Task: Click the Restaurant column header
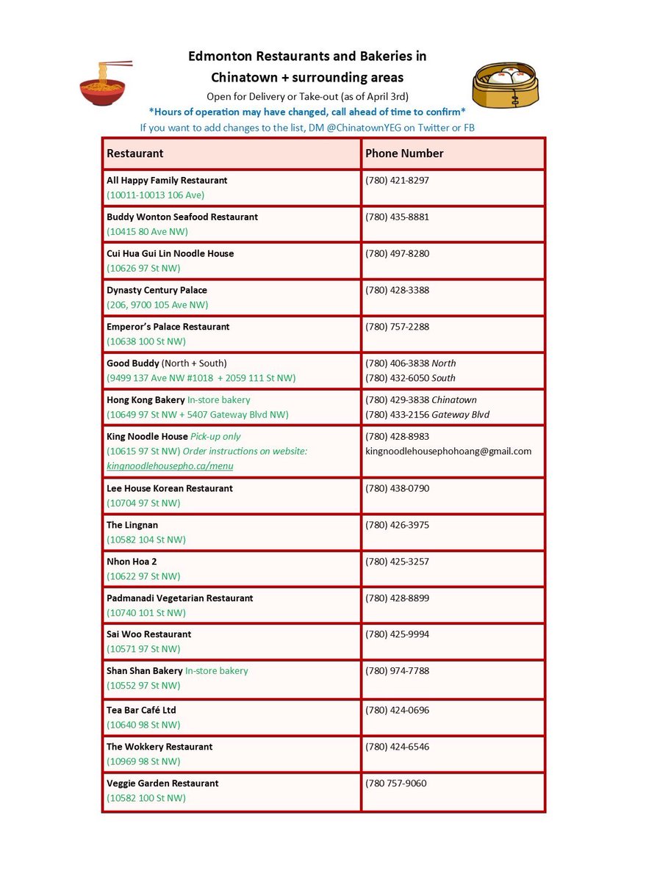135,153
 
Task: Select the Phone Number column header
404,153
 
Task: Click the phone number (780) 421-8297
397,181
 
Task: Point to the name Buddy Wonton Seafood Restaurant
182,217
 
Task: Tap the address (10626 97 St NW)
143,269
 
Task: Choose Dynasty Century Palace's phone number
397,290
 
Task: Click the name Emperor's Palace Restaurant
168,327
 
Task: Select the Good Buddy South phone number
397,378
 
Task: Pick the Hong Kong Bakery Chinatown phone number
397,400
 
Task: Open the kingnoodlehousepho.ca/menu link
171,466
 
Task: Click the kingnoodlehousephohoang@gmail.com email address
448,452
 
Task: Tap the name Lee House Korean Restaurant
170,488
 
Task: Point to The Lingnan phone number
397,525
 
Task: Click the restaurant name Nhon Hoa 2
132,562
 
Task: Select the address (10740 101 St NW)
146,613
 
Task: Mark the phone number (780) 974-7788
397,671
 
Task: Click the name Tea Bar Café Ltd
141,710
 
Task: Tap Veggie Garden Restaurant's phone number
395,783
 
